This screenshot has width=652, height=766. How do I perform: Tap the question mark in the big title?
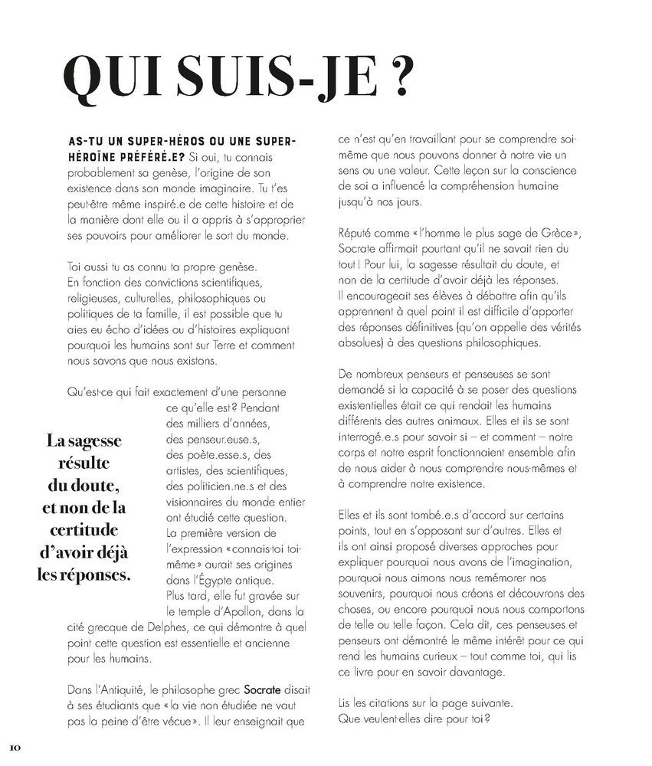tap(404, 77)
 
